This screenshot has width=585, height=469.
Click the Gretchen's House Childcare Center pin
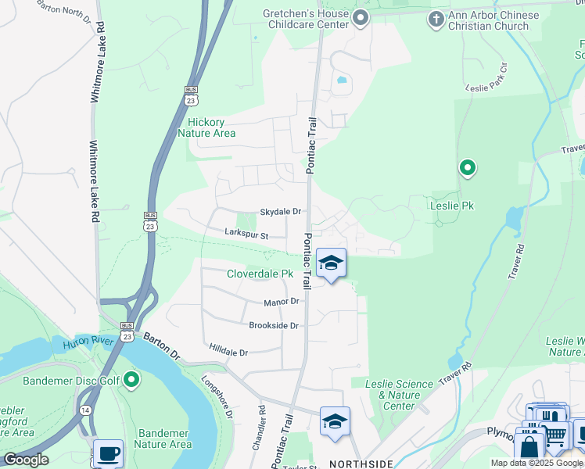[360, 18]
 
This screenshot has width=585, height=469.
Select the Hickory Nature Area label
[206, 127]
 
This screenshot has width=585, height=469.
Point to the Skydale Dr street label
[280, 212]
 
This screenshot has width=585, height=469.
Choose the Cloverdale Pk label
[260, 274]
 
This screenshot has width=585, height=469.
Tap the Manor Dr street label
[282, 301]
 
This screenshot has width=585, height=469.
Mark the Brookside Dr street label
[274, 325]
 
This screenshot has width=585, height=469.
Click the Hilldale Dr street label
[228, 353]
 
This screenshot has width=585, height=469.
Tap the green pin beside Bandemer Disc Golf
[131, 381]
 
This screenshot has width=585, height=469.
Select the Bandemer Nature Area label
[164, 439]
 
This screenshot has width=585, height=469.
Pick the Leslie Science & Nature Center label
[400, 395]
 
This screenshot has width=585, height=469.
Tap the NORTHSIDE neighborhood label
[360, 464]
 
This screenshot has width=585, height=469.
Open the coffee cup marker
[108, 454]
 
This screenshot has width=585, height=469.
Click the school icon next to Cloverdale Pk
[331, 264]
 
